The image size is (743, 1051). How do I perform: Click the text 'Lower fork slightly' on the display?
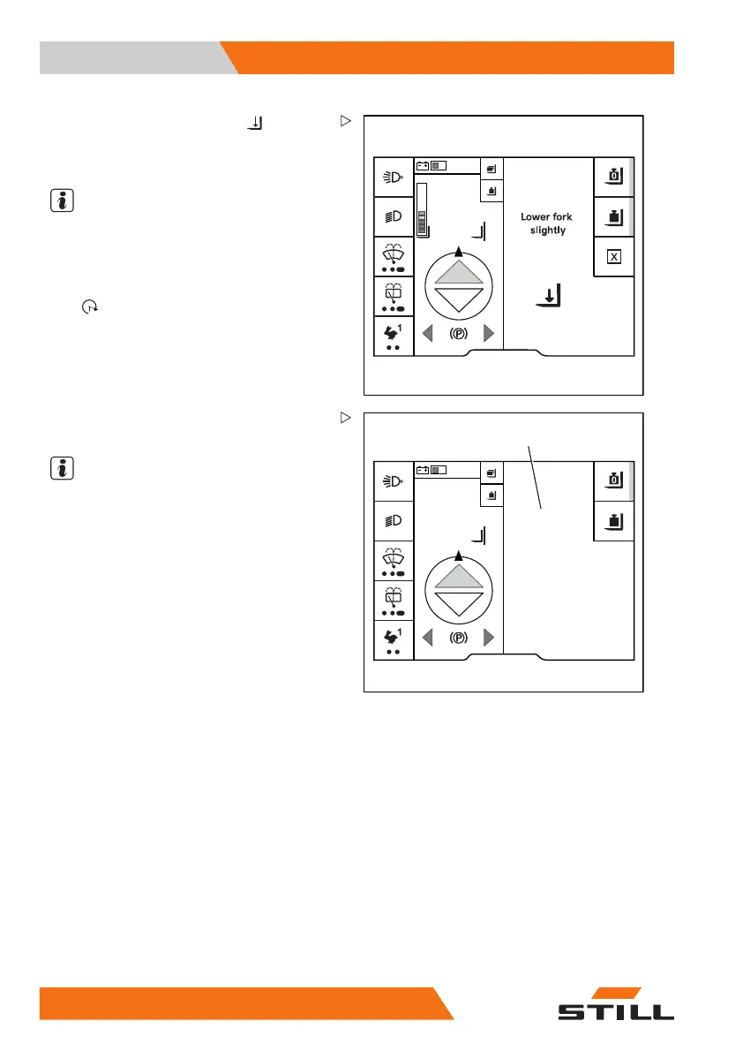coord(547,223)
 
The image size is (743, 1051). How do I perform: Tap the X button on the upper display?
coord(613,257)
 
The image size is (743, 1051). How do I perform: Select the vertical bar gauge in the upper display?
coord(422,210)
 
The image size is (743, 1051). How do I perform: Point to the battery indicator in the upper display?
coord(432,165)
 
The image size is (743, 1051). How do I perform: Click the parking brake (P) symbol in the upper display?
coord(458,334)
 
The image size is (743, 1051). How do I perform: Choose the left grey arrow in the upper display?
coord(427,334)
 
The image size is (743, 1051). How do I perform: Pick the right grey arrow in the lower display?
coord(489,638)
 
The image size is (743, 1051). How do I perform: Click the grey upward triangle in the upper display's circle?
coord(458,272)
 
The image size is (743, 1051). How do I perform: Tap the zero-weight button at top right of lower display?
coord(613,480)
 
